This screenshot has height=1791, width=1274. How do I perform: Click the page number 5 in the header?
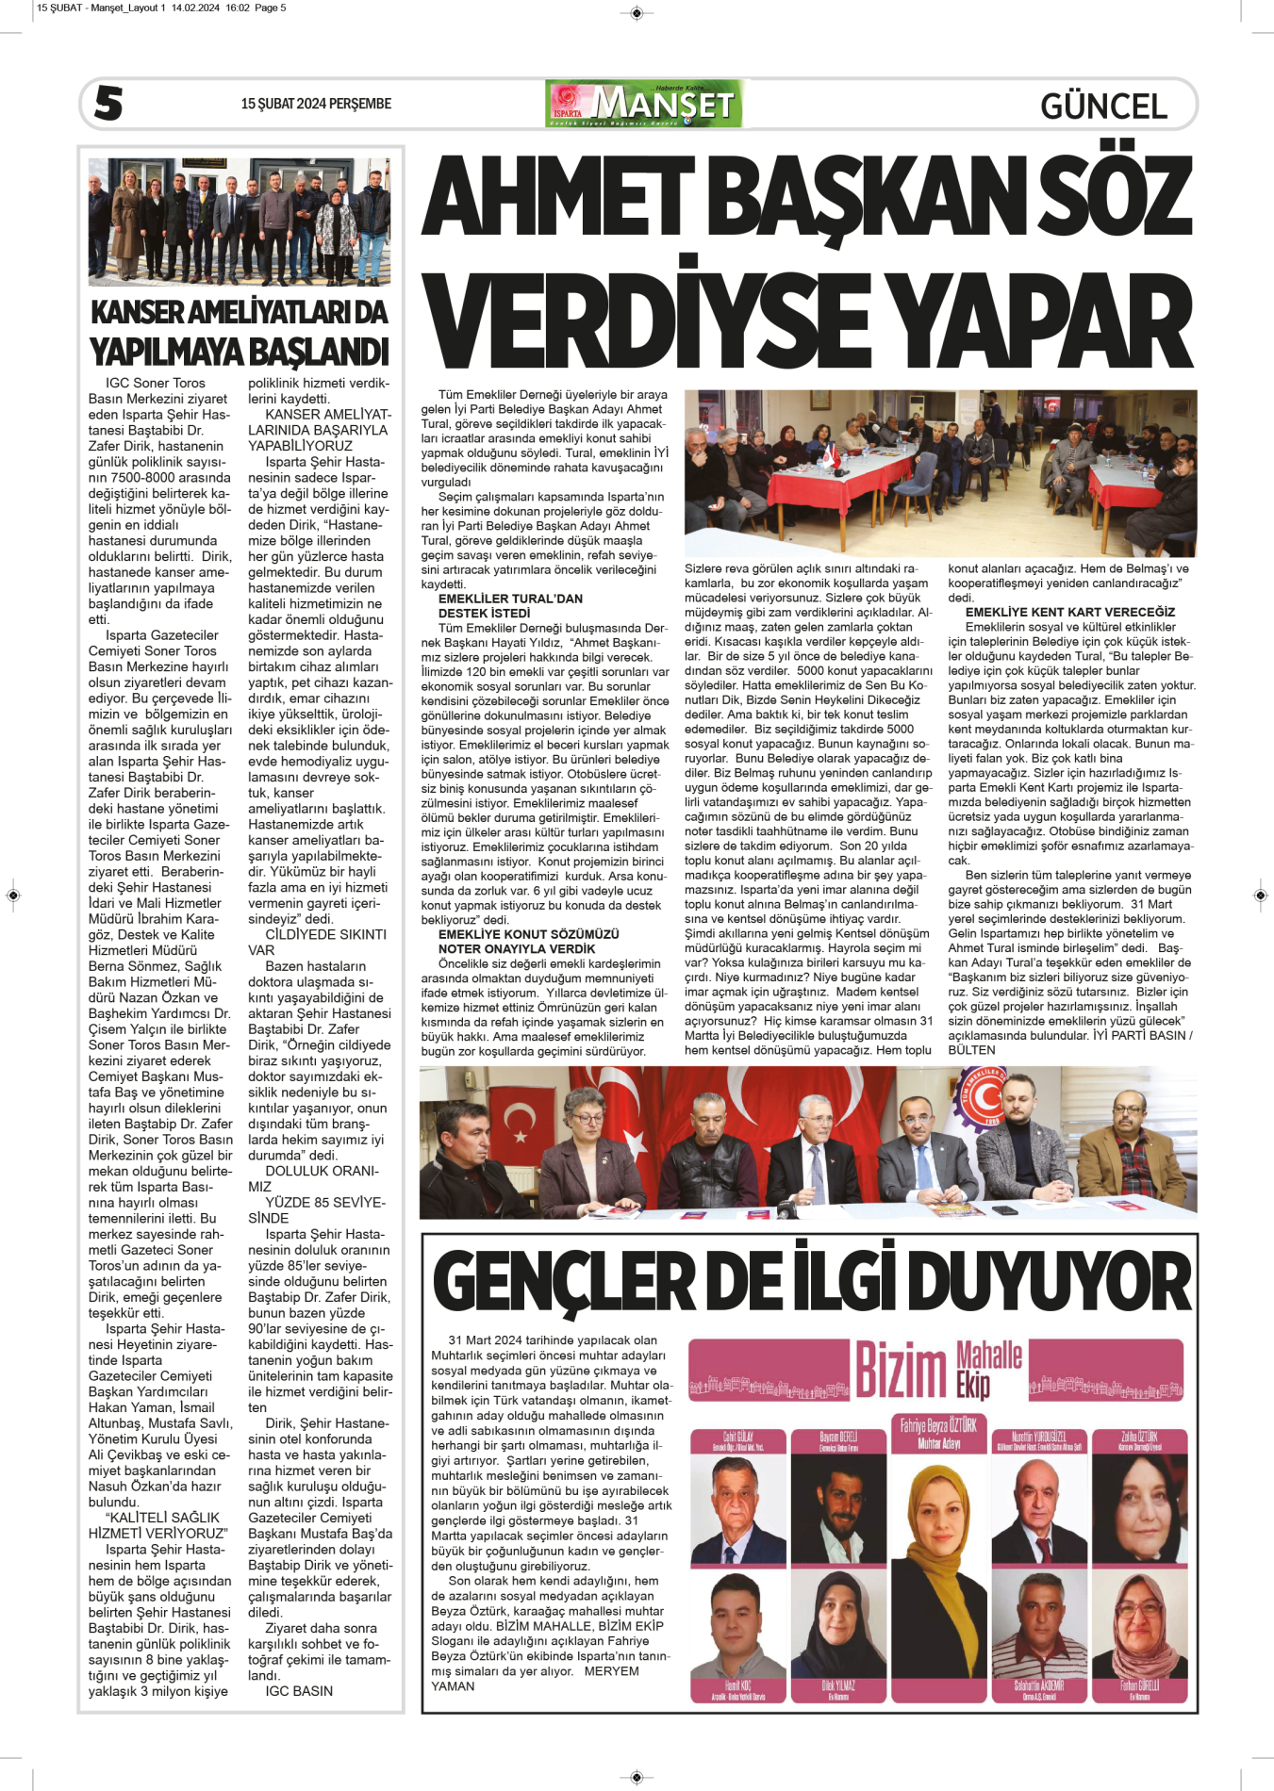click(x=108, y=103)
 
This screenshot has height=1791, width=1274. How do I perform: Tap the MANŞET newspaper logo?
click(x=644, y=104)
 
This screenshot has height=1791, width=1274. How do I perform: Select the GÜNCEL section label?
click(x=1103, y=106)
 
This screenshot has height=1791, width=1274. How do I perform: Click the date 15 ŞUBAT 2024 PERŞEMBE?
click(x=316, y=104)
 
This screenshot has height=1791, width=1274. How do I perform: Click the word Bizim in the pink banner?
click(x=901, y=1371)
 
